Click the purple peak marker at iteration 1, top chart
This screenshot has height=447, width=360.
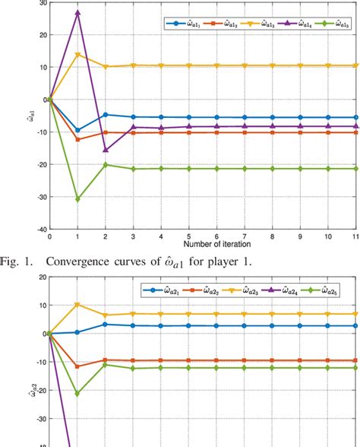(77, 13)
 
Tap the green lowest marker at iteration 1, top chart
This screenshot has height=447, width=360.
(77, 198)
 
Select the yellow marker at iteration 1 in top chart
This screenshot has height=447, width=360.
(77, 54)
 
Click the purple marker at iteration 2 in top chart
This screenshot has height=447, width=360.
(106, 150)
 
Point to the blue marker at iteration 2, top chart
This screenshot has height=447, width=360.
(106, 115)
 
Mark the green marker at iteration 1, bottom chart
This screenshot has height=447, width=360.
(77, 394)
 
